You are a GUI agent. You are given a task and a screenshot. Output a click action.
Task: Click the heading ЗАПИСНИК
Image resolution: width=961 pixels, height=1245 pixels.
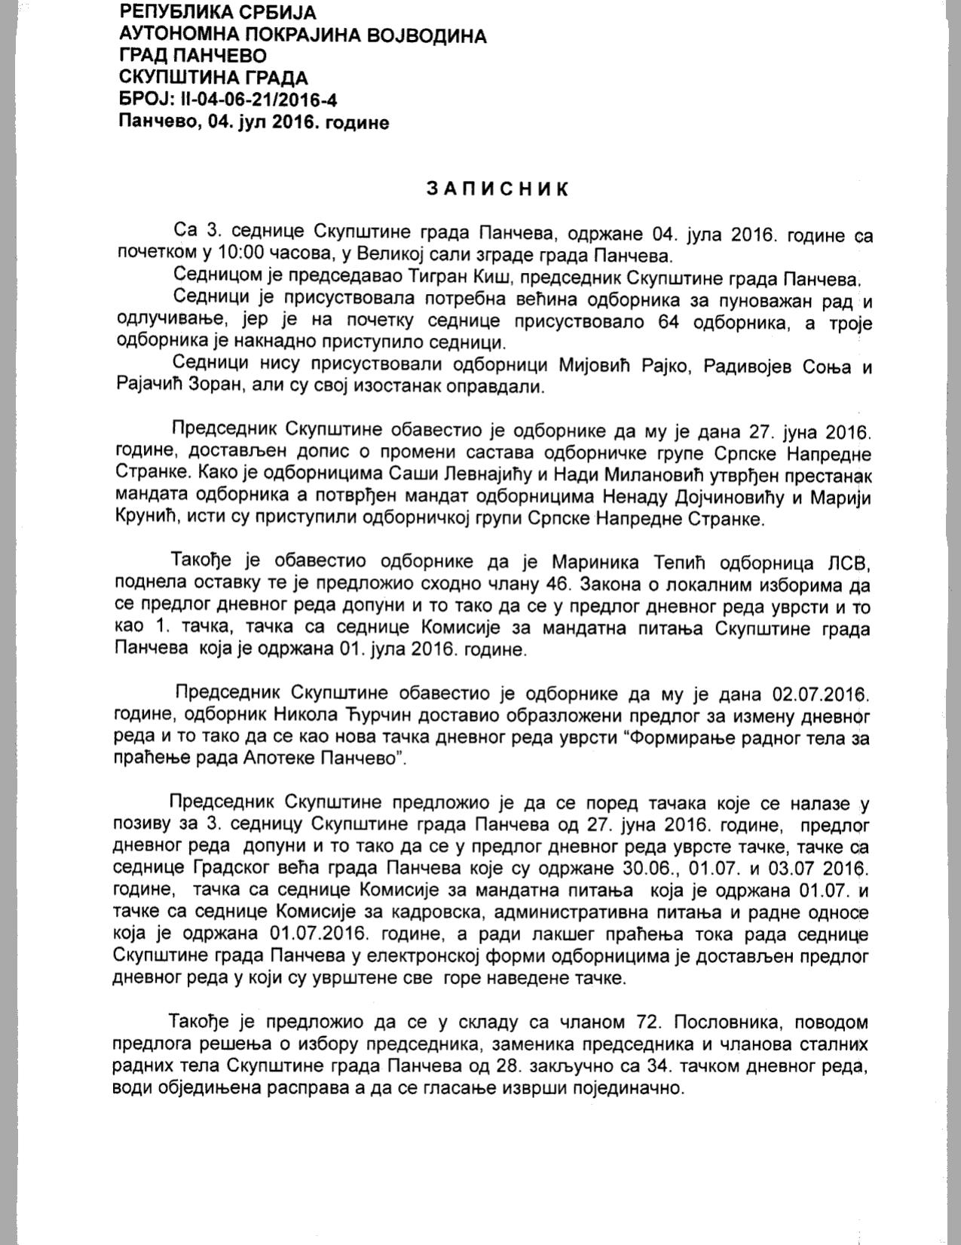pos(497,189)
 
